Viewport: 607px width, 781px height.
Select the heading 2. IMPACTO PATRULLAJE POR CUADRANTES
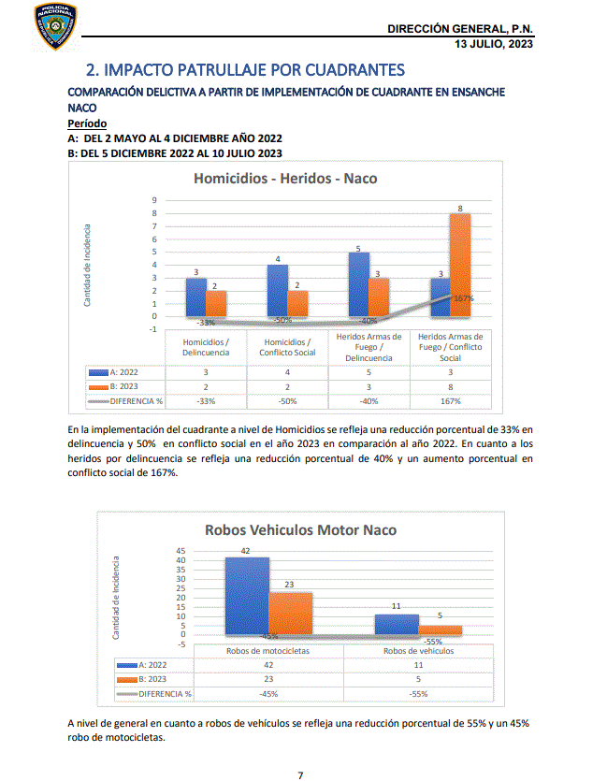[x=245, y=70]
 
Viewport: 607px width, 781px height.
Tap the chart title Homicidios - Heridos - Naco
[x=285, y=178]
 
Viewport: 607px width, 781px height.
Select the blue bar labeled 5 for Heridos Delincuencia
[x=358, y=283]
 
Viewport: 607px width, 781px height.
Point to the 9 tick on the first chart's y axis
[x=153, y=200]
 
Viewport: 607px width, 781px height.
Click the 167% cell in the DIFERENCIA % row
[x=450, y=402]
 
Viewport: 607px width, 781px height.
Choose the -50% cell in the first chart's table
[x=288, y=402]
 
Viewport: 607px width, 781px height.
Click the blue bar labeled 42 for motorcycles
[x=247, y=596]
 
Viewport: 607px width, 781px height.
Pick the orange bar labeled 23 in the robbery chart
[x=290, y=613]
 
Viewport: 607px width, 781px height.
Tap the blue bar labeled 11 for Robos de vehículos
[x=397, y=624]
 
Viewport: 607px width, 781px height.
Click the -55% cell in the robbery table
[x=418, y=694]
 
